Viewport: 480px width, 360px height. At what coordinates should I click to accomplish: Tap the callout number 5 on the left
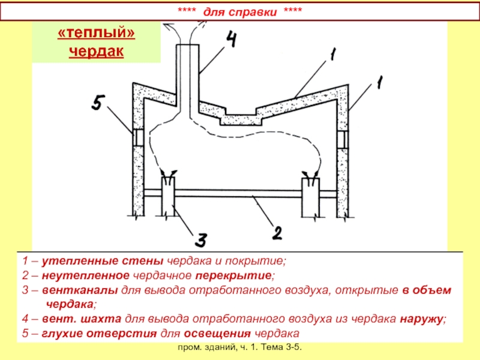(x=101, y=103)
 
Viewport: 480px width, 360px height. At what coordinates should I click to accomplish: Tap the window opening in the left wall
(x=138, y=138)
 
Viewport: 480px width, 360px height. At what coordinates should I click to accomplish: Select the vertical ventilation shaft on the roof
(x=189, y=78)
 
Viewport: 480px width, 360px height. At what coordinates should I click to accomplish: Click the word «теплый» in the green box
(x=96, y=34)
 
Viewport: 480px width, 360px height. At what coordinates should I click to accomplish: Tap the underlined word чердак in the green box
(x=96, y=52)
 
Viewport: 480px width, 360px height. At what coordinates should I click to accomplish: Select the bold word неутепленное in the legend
(x=71, y=276)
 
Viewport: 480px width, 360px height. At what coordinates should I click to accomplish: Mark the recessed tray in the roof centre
(x=240, y=118)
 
